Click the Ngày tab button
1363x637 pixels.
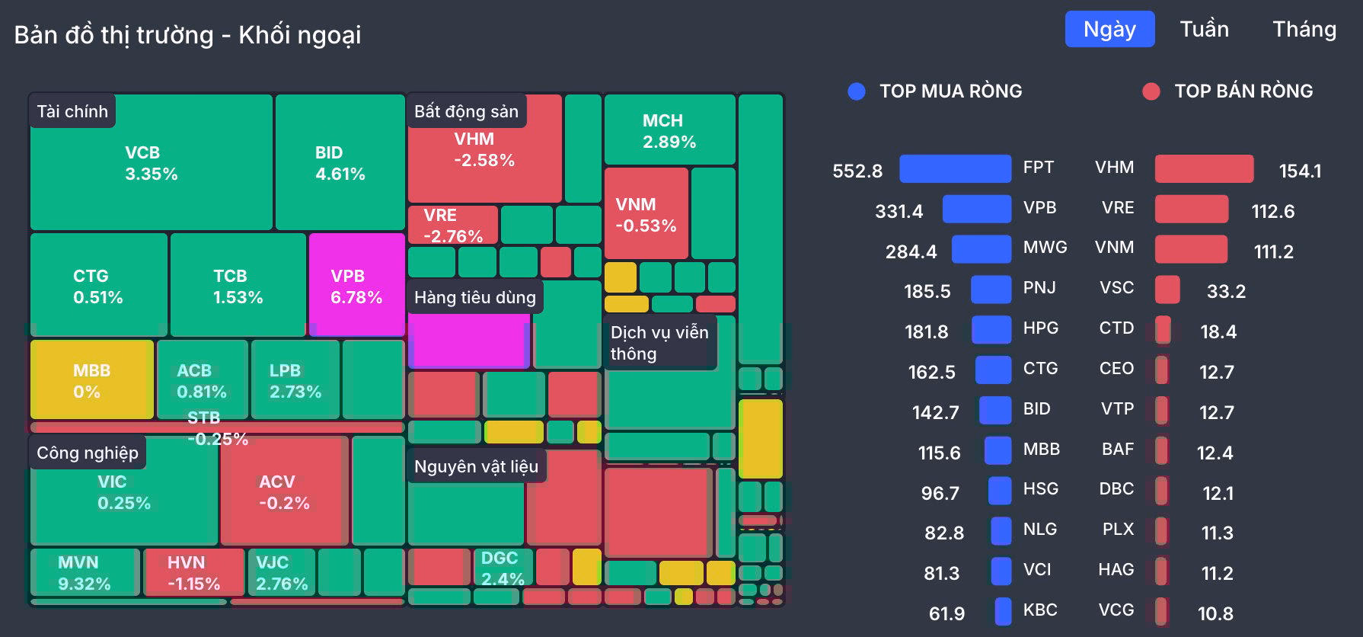tap(1109, 29)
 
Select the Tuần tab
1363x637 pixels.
tap(1204, 29)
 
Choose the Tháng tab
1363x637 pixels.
tap(1304, 29)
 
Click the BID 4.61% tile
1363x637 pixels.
tap(340, 163)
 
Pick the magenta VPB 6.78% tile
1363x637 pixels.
tap(356, 286)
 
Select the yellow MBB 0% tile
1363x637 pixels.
tap(91, 380)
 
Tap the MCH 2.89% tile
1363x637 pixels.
tap(669, 130)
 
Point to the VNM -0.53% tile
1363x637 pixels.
tap(646, 215)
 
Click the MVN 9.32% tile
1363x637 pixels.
tap(84, 573)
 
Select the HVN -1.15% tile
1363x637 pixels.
tap(193, 573)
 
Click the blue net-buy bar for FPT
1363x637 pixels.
tap(955, 168)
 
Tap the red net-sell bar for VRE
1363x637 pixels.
tap(1191, 209)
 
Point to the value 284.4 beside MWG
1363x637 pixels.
tap(911, 251)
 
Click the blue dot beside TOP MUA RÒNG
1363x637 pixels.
tap(857, 91)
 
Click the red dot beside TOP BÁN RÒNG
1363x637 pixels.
tap(1151, 91)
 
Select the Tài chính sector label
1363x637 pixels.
tap(72, 111)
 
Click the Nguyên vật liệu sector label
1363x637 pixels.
tap(476, 466)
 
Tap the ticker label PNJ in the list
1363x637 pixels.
tap(1039, 287)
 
